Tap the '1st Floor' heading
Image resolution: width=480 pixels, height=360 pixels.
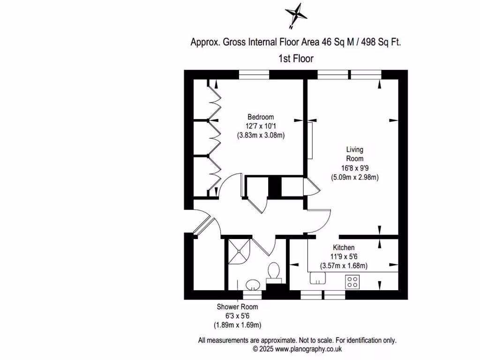(x=295, y=59)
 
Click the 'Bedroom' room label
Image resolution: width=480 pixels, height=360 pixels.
(x=261, y=117)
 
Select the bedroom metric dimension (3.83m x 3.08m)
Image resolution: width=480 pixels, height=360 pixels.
(x=261, y=135)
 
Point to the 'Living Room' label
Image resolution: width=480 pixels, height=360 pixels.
(x=354, y=154)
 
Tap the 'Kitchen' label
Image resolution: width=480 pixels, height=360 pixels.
(x=344, y=247)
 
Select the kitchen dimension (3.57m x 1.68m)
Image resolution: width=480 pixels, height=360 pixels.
(x=344, y=266)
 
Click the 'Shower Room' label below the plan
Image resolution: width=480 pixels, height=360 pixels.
(x=237, y=307)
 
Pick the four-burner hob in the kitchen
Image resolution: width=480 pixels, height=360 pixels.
(x=352, y=281)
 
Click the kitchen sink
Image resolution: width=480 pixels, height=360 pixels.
(x=318, y=278)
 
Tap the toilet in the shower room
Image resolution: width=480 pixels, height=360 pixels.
(x=274, y=272)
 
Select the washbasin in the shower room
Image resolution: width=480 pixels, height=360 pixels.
(x=253, y=284)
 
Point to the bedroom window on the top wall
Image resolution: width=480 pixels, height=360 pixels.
(x=254, y=75)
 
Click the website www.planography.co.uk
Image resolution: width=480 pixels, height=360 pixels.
(x=308, y=349)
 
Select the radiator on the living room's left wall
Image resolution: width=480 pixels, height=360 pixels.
(x=310, y=141)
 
